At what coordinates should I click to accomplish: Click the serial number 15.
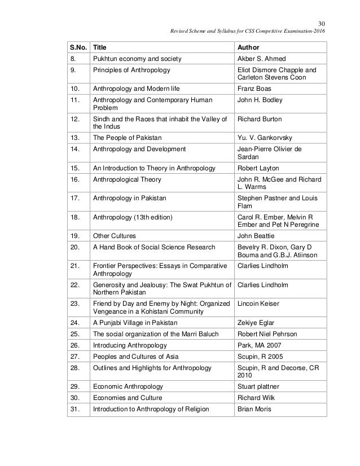74,168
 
